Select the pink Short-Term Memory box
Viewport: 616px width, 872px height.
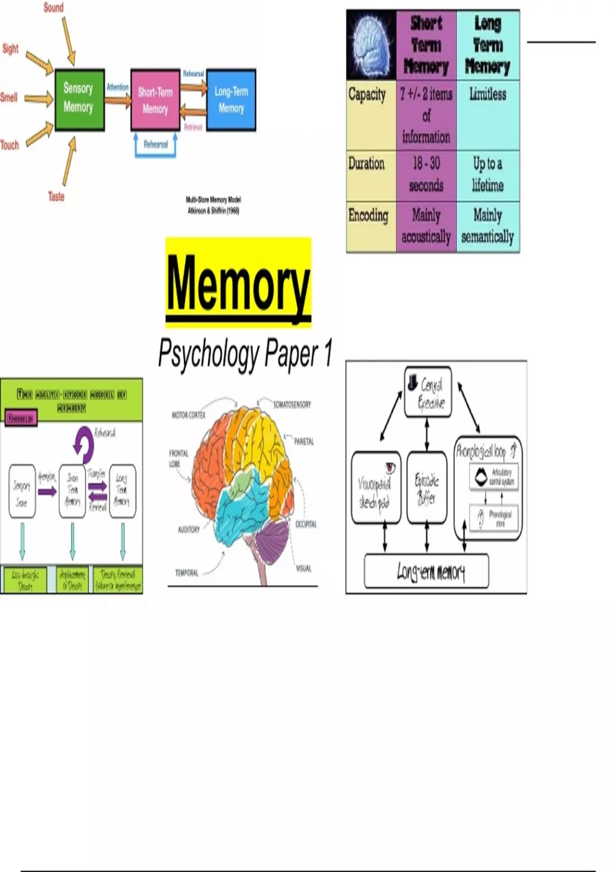click(x=155, y=100)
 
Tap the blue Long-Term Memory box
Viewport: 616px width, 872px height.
click(x=231, y=100)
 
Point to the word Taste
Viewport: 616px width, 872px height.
click(x=56, y=196)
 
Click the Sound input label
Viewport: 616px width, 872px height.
click(x=53, y=8)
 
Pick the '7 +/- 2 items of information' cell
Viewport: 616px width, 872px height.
click(x=426, y=115)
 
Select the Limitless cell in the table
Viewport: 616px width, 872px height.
click(x=488, y=94)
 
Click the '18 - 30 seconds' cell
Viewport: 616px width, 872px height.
click(x=426, y=174)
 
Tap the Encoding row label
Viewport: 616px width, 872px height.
click(x=368, y=215)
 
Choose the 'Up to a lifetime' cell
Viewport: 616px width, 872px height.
click(x=488, y=174)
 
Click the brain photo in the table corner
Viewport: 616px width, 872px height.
click(x=371, y=45)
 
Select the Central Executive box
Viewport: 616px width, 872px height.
click(x=428, y=392)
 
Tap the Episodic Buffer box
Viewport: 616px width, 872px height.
click(x=427, y=487)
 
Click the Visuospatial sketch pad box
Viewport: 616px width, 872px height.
click(x=375, y=487)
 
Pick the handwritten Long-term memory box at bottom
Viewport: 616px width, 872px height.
click(x=426, y=571)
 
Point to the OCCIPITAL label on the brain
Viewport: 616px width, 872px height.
click(x=306, y=524)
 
